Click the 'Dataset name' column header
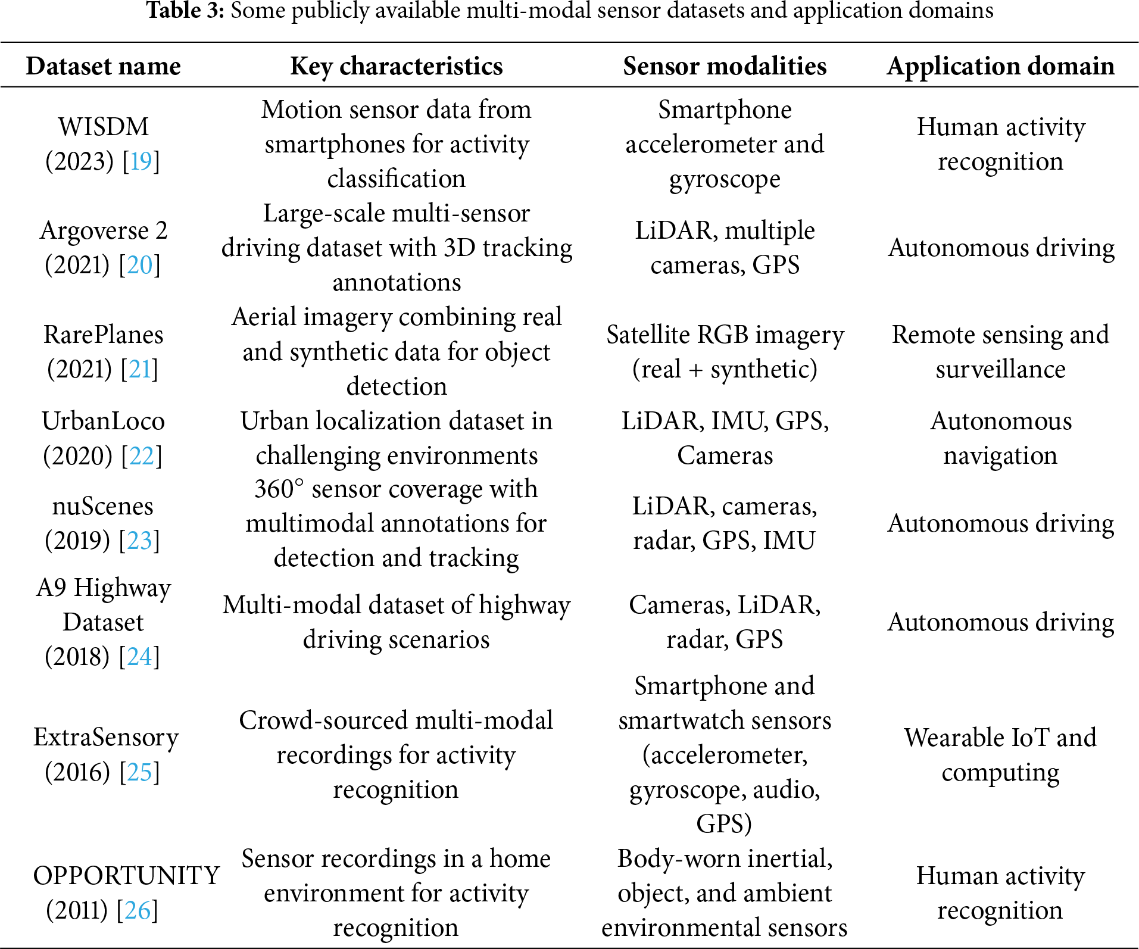tap(103, 66)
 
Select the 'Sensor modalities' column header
tap(725, 66)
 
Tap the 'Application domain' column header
tap(1000, 66)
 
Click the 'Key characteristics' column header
tap(397, 66)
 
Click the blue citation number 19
tap(141, 161)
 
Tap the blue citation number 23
tap(140, 541)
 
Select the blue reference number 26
tap(138, 910)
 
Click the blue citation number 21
tap(139, 369)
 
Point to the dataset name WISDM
tap(103, 127)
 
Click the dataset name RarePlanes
tap(103, 335)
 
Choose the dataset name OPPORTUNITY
tap(126, 876)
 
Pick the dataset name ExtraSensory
tap(106, 738)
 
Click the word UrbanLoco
tap(103, 421)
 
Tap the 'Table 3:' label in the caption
tap(185, 11)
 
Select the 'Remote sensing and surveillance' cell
tap(1000, 352)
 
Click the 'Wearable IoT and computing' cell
tap(1000, 755)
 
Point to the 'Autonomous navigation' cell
tap(1000, 438)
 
